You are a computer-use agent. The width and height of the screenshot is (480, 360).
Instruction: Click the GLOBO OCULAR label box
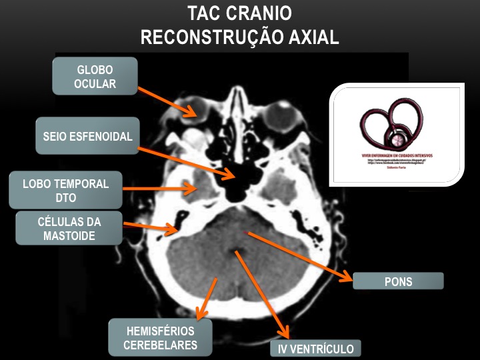[x=95, y=76]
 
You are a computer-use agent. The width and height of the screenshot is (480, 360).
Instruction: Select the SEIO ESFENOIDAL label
[x=87, y=136]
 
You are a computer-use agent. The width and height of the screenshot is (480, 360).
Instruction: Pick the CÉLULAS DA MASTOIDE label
[x=69, y=228]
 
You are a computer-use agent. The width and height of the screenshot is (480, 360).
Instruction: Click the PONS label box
[x=398, y=281]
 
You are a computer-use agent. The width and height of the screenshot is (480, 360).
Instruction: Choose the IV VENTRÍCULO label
[x=315, y=349]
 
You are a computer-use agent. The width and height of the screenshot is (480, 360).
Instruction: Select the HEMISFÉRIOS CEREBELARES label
[x=160, y=337]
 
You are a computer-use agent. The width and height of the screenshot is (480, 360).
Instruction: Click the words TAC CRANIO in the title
[x=239, y=13]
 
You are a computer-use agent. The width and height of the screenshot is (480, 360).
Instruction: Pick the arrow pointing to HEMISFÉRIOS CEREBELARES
[x=207, y=297]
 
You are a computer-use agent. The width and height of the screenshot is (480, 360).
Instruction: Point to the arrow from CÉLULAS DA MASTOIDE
[x=150, y=228]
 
